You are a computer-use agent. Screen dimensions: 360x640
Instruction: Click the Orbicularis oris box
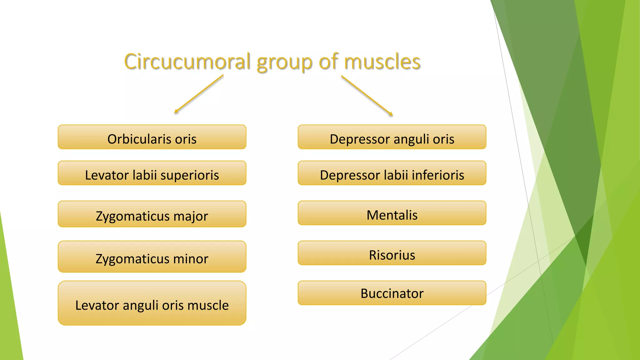click(152, 137)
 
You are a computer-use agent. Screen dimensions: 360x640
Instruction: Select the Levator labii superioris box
click(152, 173)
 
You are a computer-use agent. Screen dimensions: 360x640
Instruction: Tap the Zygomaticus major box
click(152, 214)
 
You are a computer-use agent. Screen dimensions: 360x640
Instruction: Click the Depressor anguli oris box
click(392, 137)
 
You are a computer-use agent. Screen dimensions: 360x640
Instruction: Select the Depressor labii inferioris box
click(392, 173)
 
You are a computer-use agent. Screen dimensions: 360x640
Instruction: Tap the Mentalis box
click(392, 213)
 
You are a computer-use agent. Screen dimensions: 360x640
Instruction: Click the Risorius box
click(392, 253)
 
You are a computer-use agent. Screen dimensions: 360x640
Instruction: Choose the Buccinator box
click(392, 293)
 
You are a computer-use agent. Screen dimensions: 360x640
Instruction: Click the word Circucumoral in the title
click(187, 62)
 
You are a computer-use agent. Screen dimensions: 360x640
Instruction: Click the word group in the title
click(284, 62)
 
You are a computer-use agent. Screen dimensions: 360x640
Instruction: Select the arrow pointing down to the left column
click(199, 94)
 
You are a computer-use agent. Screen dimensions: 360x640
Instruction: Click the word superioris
click(190, 175)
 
